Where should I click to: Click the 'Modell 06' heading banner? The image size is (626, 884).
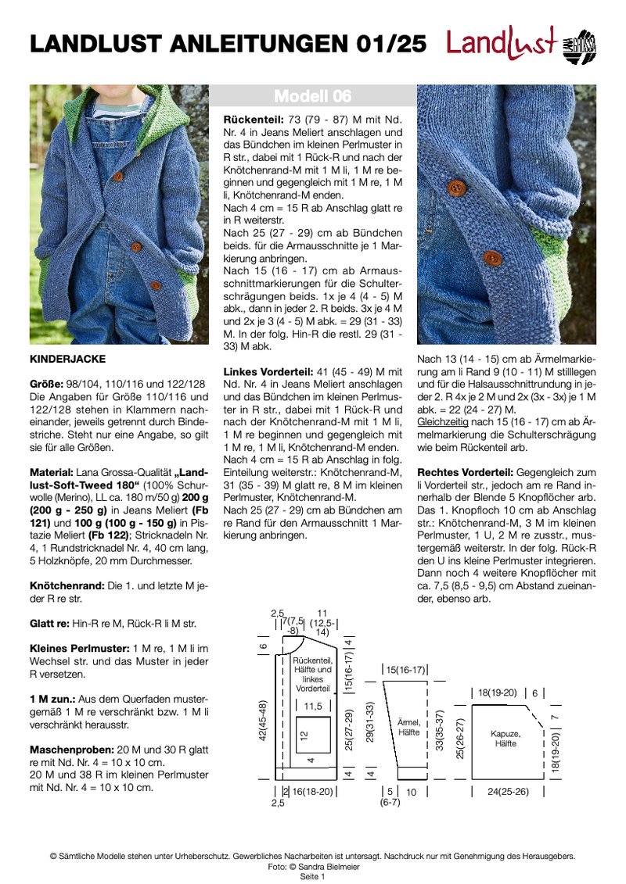coord(313,96)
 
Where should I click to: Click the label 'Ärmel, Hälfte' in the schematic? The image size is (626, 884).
coord(408,728)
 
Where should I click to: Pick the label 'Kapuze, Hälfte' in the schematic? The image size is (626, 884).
coord(505,739)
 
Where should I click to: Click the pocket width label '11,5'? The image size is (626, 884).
coord(313,706)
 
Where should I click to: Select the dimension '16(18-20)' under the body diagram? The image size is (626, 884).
coord(312,791)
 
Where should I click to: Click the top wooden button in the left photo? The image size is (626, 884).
coord(118,177)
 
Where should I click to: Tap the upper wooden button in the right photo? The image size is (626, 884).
coord(455,187)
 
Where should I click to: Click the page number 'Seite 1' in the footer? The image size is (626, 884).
coord(312,877)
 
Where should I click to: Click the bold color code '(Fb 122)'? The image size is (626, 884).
coord(99,510)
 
